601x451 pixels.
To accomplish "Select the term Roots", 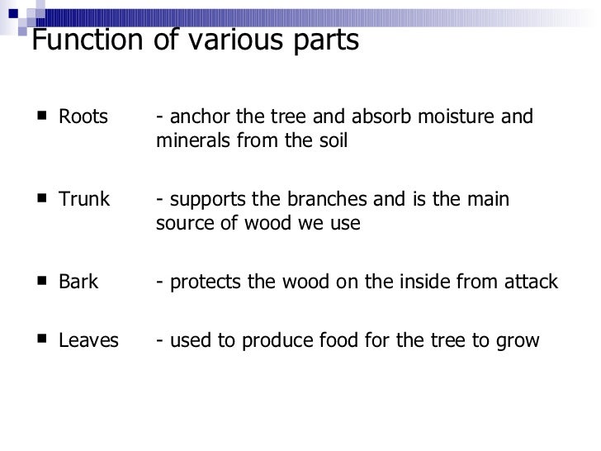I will tap(83, 117).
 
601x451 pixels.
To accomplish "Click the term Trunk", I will tap(84, 200).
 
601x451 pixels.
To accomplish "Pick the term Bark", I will tap(78, 282).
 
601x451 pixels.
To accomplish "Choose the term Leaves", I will tap(88, 340).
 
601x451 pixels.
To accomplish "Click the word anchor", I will tap(195, 117).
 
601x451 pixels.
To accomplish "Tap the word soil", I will tap(333, 141).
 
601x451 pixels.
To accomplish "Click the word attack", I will tap(534, 282).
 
